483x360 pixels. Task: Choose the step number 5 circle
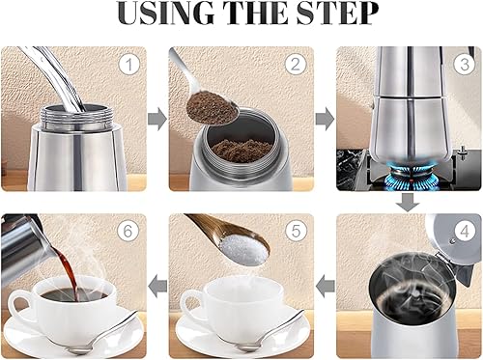coord(298,232)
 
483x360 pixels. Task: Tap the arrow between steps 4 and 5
coord(326,286)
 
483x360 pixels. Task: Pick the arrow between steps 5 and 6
coord(157,286)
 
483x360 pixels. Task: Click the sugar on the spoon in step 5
coord(235,249)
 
